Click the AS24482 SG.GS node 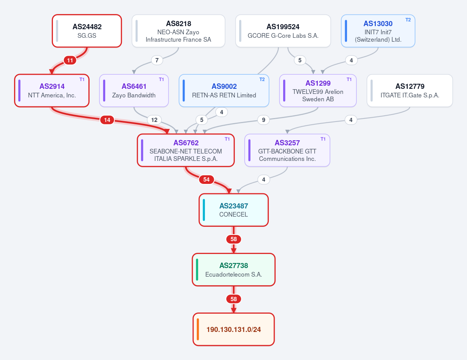87,31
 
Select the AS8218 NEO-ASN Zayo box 178,31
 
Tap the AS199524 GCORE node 283,31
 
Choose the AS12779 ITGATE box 410,91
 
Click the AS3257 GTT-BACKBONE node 287,150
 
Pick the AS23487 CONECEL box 234,210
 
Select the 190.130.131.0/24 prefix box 234,329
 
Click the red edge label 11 70,60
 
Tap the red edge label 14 107,120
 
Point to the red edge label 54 206,180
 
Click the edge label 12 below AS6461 154,120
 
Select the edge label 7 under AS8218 157,60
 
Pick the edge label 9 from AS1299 264,120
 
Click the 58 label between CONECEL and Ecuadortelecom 234,239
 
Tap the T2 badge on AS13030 408,20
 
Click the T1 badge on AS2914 82,79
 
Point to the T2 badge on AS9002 262,79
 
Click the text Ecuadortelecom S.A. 234,274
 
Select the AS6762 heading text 186,143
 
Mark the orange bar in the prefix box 198,329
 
